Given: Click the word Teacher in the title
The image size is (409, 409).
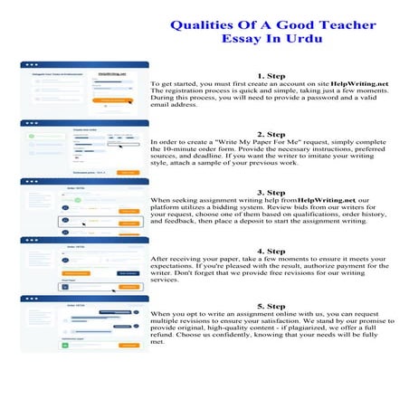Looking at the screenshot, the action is tap(338, 26).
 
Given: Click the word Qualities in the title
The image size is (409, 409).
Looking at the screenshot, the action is tap(208, 26).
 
